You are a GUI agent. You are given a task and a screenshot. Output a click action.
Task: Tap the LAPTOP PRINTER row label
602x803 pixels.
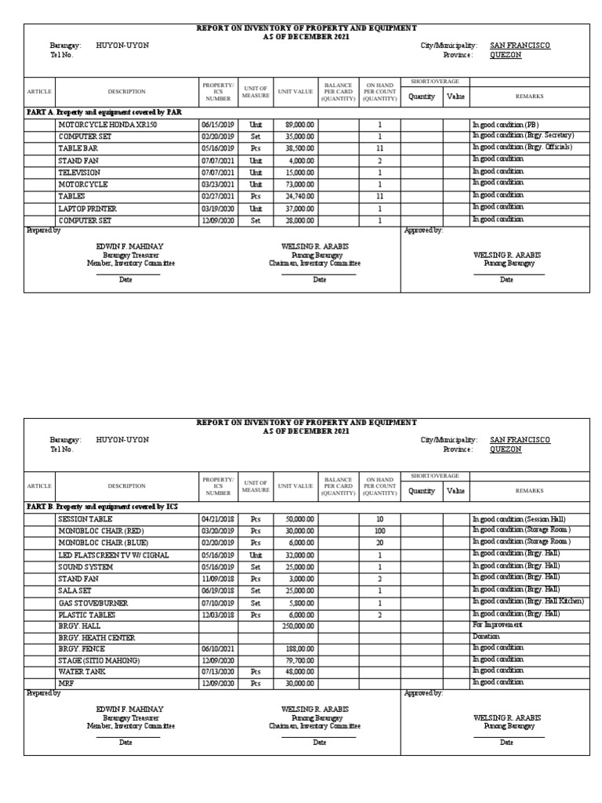(87, 208)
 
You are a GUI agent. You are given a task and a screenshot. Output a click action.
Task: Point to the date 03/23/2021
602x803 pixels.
(217, 183)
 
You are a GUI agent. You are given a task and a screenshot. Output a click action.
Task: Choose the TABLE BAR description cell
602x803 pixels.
(78, 147)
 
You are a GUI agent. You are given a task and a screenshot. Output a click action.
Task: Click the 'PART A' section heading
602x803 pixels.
(103, 112)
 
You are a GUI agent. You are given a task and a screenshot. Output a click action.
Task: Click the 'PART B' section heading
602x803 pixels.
(102, 507)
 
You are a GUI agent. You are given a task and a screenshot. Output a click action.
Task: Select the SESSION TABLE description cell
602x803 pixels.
(85, 519)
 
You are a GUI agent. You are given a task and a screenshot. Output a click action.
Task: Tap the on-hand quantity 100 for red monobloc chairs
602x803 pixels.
(379, 531)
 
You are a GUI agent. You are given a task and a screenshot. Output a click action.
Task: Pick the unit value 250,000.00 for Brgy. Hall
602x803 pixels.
(298, 625)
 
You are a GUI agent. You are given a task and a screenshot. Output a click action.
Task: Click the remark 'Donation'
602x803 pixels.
(486, 637)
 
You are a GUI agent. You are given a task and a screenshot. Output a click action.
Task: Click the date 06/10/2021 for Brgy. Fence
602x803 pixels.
(217, 649)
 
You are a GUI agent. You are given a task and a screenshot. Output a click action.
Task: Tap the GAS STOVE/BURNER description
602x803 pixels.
(92, 602)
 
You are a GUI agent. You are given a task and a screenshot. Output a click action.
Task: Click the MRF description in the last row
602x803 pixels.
(65, 684)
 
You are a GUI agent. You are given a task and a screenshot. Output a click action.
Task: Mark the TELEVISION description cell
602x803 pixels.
(78, 172)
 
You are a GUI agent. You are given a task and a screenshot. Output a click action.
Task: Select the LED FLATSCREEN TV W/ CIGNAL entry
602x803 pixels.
(109, 554)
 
